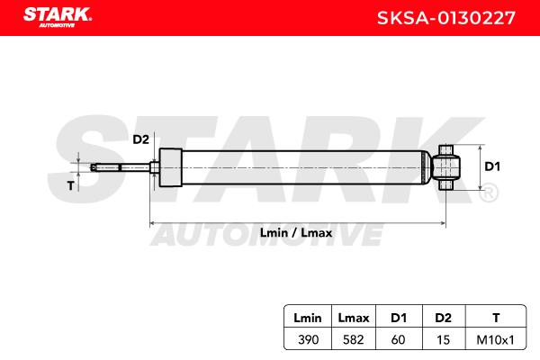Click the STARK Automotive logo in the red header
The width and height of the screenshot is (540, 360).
tap(58, 17)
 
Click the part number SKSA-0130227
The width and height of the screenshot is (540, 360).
tap(446, 18)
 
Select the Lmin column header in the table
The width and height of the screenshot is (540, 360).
tap(308, 318)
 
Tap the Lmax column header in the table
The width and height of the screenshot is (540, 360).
tap(354, 318)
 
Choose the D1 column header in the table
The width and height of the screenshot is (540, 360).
tap(399, 318)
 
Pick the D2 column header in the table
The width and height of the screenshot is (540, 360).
tap(443, 318)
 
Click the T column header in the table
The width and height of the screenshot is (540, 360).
tap(496, 318)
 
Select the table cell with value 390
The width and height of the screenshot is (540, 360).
tap(308, 339)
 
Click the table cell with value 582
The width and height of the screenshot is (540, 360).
tap(354, 339)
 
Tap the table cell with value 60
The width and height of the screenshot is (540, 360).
tap(398, 339)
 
